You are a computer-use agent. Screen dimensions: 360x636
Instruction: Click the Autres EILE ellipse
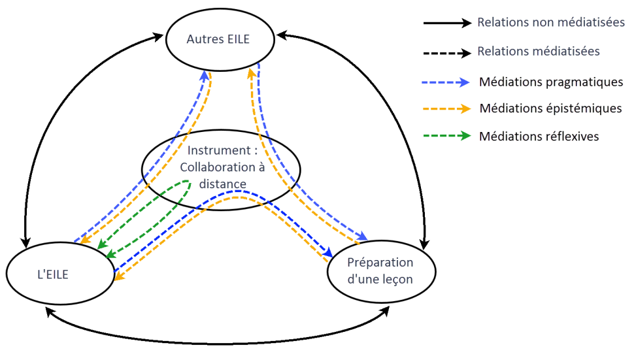click(x=218, y=39)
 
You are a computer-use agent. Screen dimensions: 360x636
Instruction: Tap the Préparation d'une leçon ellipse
click(x=380, y=269)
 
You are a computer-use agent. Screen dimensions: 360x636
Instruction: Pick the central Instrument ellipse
click(x=221, y=168)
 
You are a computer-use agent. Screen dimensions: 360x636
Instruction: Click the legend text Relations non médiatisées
click(x=550, y=22)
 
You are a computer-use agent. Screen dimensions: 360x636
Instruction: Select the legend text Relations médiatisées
click(x=539, y=51)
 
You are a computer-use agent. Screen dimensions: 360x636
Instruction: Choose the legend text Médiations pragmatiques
click(x=550, y=82)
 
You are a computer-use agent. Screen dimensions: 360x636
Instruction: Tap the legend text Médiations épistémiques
click(x=550, y=108)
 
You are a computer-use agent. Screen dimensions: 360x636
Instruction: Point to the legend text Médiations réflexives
click(x=539, y=136)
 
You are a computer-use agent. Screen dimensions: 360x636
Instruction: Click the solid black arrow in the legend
click(x=447, y=23)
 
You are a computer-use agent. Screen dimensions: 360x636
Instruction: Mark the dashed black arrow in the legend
click(x=447, y=52)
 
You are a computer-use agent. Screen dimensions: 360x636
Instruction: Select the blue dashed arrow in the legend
click(x=447, y=82)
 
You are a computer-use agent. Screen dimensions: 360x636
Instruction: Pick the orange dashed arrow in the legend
click(x=447, y=108)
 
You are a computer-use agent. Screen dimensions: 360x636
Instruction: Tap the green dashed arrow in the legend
click(x=447, y=136)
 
